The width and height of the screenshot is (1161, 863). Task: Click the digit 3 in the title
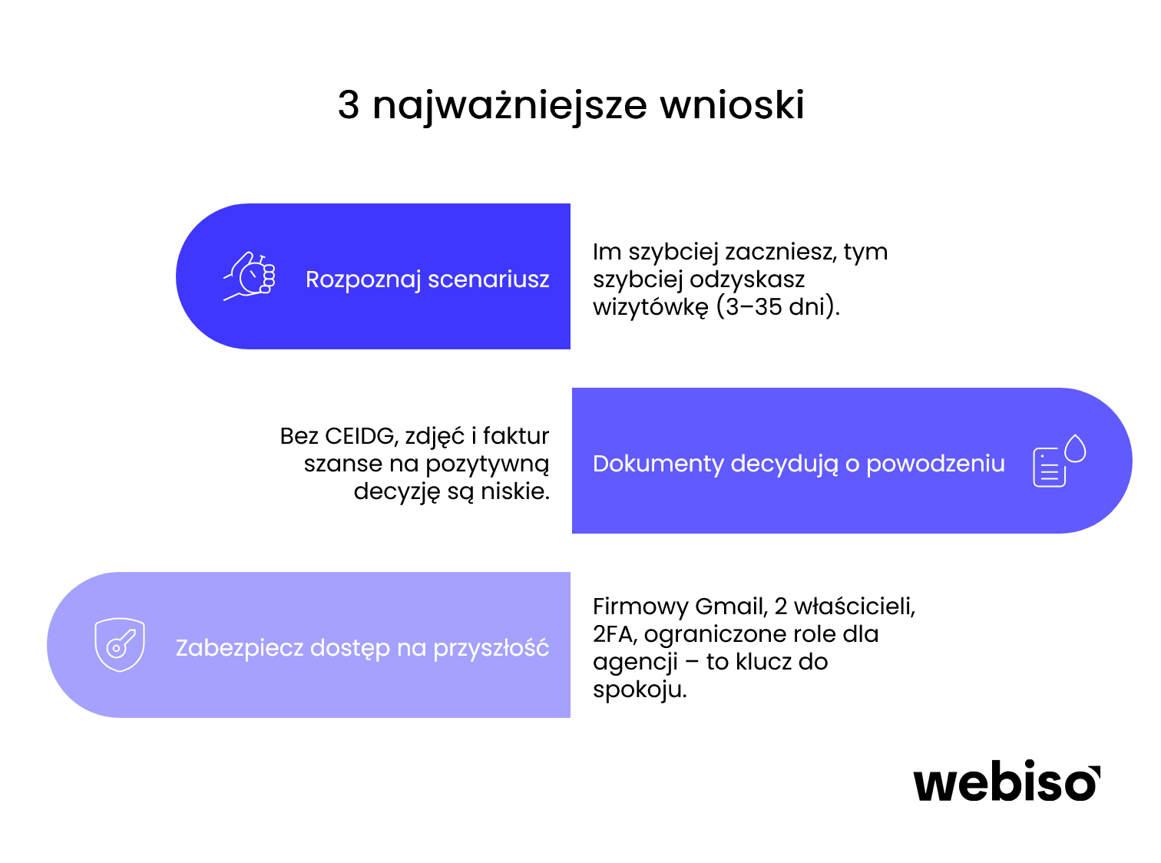349,105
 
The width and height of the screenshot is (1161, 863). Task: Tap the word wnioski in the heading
733,105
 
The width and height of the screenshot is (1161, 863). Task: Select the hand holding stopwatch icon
250,276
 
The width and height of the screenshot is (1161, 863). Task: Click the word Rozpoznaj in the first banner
362,279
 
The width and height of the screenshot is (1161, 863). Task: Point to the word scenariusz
488,279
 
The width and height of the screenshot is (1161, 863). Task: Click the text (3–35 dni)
778,307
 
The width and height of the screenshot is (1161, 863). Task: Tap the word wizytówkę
650,307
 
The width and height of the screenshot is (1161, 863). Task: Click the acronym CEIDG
359,436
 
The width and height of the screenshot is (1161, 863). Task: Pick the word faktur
516,436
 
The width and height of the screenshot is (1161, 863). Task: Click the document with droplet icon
1059,461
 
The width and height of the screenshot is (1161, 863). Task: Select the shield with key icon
120,645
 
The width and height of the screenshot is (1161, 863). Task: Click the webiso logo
1007,783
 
